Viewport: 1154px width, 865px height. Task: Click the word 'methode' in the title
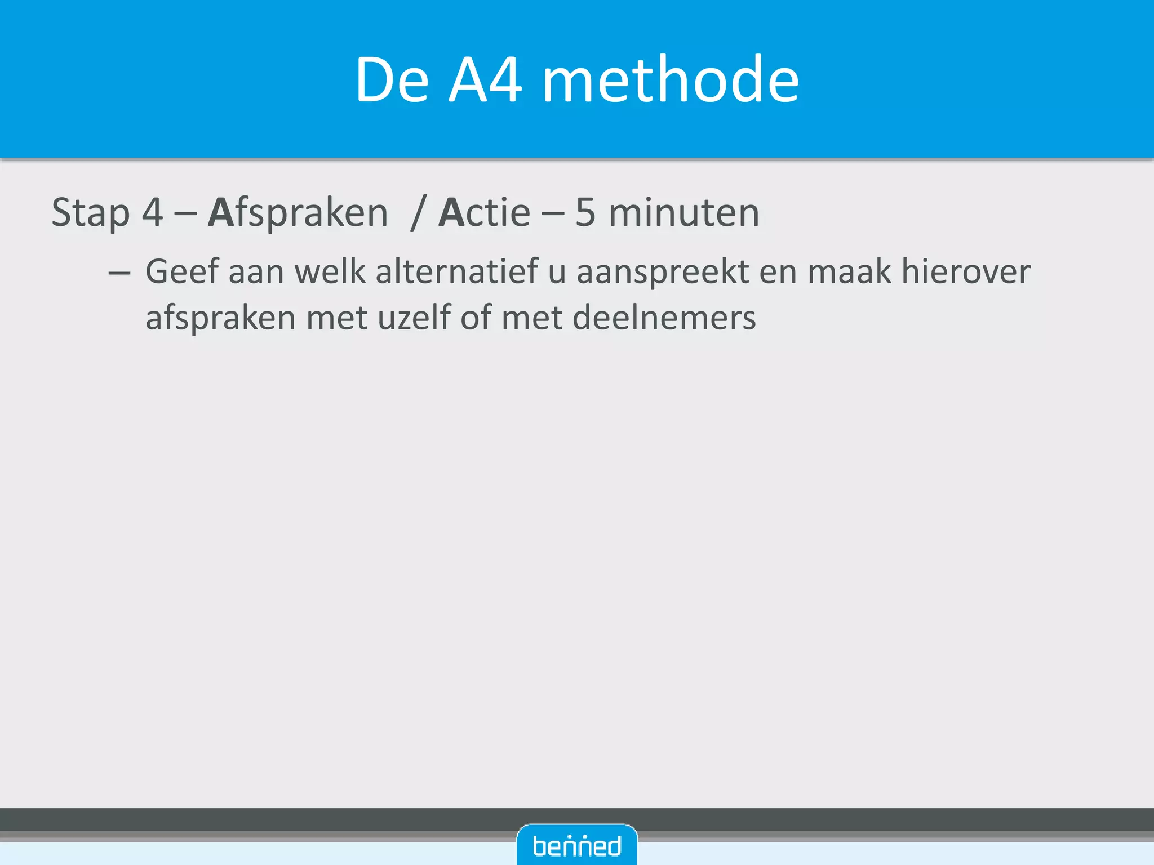click(x=670, y=80)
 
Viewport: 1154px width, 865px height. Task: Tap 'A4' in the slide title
click(x=485, y=80)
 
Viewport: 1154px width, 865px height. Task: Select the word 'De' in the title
click(x=392, y=80)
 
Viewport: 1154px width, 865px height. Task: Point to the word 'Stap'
click(x=90, y=213)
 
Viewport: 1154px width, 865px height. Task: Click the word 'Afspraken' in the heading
click(x=298, y=213)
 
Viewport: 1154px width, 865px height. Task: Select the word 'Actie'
click(x=485, y=213)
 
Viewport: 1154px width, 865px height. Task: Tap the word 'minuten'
click(x=684, y=213)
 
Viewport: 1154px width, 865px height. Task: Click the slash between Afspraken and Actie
click(x=418, y=213)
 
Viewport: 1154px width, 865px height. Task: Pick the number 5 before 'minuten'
click(x=585, y=213)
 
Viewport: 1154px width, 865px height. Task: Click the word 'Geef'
click(x=182, y=271)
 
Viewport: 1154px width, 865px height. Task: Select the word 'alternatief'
click(x=456, y=271)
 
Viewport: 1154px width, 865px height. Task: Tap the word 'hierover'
click(x=966, y=271)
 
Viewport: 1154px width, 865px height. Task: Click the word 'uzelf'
click(x=414, y=318)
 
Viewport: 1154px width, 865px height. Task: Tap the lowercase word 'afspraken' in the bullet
click(x=220, y=319)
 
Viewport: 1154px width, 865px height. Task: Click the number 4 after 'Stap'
click(x=152, y=213)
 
